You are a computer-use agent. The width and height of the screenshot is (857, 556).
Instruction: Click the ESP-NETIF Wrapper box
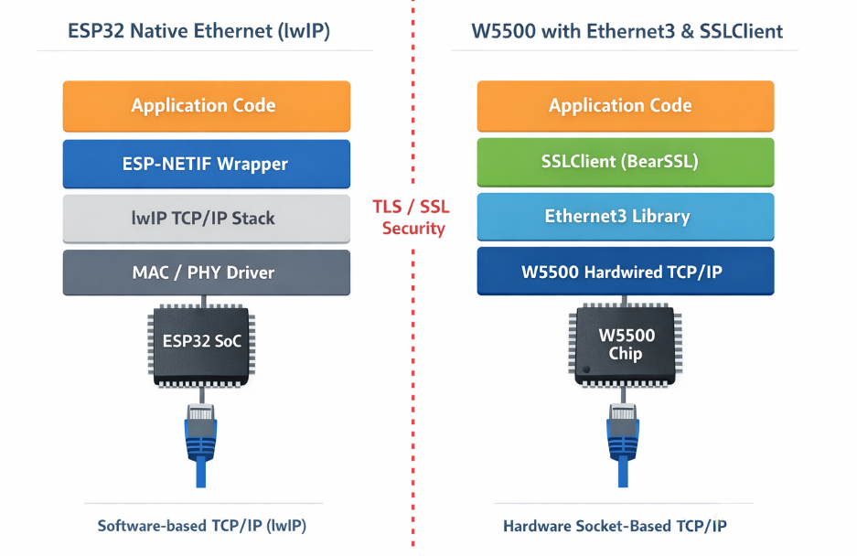pyautogui.click(x=205, y=164)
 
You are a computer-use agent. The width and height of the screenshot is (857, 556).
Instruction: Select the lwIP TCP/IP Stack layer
pyautogui.click(x=205, y=218)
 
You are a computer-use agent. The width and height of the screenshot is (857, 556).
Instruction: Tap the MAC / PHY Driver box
pyautogui.click(x=205, y=272)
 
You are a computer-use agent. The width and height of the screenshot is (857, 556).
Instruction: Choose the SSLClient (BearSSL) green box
pyautogui.click(x=626, y=162)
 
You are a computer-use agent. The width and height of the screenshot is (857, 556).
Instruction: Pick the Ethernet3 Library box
pyautogui.click(x=626, y=217)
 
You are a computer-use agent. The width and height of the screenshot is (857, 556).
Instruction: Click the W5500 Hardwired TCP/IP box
pyautogui.click(x=626, y=272)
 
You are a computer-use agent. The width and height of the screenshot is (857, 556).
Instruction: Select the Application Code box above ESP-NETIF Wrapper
pyautogui.click(x=205, y=105)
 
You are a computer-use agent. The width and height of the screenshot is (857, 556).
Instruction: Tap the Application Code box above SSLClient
pyautogui.click(x=626, y=105)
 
